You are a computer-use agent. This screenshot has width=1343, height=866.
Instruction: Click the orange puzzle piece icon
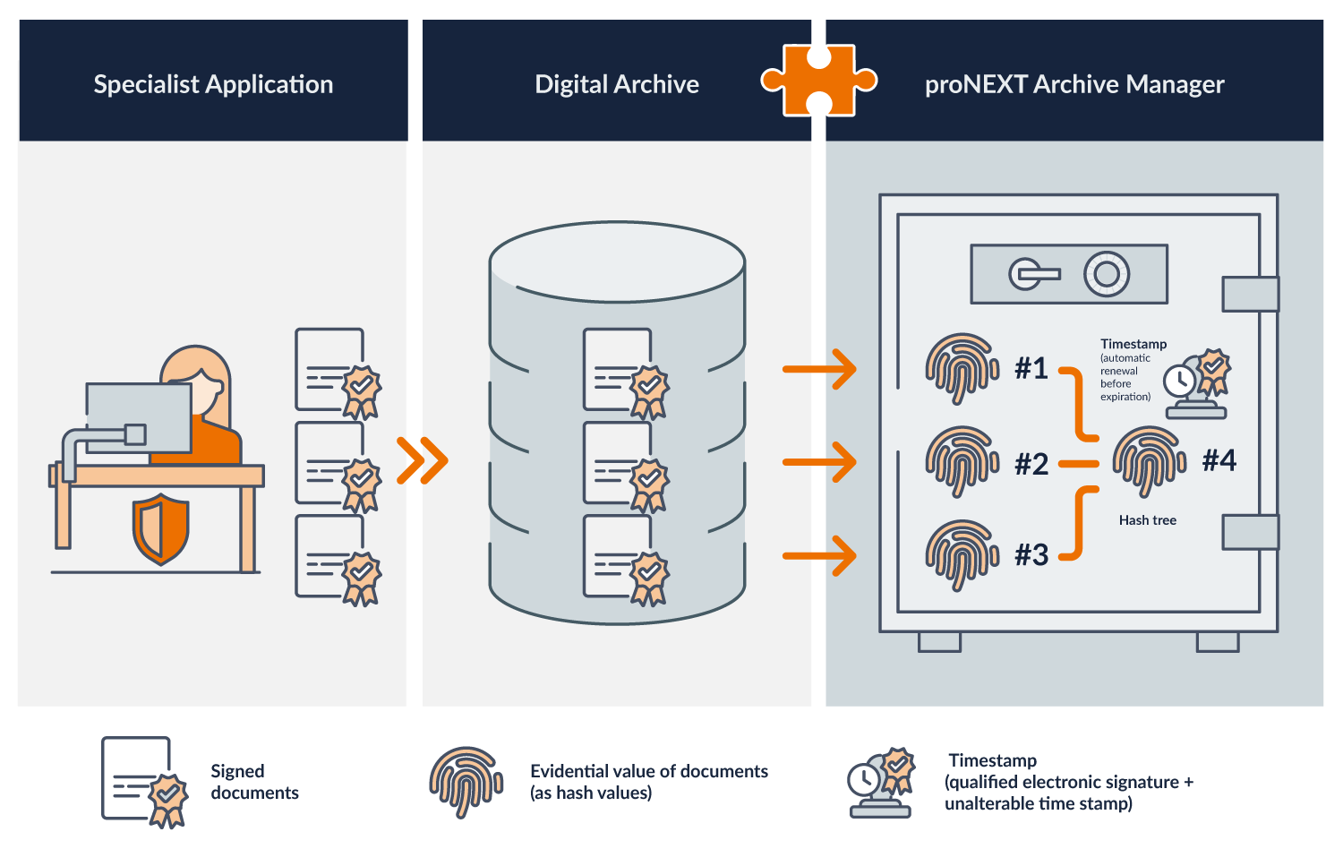tap(818, 81)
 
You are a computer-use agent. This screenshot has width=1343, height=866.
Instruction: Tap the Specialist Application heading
tap(213, 84)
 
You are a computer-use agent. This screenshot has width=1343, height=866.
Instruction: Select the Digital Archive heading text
tap(617, 84)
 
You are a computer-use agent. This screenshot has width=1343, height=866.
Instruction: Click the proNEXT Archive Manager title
tap(1074, 84)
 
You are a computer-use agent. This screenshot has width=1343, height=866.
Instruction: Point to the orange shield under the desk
tap(161, 529)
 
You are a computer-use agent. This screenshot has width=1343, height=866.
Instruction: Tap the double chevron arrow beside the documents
tap(422, 460)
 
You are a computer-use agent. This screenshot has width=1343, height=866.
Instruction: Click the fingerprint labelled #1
tap(962, 368)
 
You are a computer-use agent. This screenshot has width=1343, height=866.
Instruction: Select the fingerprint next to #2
tap(962, 461)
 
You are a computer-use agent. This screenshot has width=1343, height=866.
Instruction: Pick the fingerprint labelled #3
tap(962, 555)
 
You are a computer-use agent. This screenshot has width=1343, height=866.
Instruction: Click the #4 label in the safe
tap(1219, 460)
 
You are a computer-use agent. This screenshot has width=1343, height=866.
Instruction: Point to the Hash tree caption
tap(1147, 520)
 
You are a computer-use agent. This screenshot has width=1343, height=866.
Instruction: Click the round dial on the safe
tap(1107, 274)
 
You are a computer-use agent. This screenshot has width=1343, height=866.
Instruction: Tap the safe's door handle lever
tap(1034, 274)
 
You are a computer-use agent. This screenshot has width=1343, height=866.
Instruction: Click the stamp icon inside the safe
tap(1197, 385)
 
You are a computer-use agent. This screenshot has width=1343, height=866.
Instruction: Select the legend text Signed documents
tap(254, 782)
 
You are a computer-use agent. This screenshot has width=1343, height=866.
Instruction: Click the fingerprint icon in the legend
tap(466, 781)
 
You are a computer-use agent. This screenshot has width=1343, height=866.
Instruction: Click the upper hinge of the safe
tap(1250, 294)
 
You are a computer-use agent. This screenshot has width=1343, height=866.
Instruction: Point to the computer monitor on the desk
tap(139, 417)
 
